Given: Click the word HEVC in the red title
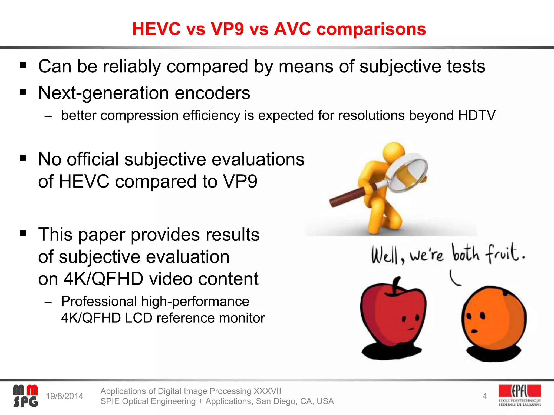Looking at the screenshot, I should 156,29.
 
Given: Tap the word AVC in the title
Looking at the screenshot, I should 292,29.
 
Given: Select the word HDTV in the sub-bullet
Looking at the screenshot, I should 477,115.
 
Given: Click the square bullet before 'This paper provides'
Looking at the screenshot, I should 23,233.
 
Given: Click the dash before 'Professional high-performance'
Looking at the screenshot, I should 48,302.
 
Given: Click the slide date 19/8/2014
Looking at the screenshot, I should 64,396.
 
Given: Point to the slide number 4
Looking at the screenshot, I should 484,396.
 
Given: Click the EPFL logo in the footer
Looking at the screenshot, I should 520,395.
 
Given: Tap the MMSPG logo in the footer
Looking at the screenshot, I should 25,396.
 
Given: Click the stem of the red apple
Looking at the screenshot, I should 395,285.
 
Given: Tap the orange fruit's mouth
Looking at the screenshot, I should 474,331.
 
